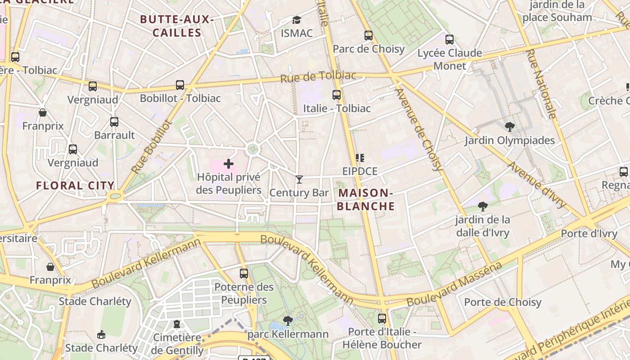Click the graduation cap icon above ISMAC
coord(297,20)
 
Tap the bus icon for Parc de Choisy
coord(369,36)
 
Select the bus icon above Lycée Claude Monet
coord(450,40)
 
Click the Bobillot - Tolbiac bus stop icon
coord(180,85)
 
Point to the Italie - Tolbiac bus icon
coord(337,95)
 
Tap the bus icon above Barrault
coord(114,121)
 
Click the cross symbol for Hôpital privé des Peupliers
coord(229,164)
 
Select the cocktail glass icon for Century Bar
coord(299,180)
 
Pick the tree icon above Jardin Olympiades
coord(509,127)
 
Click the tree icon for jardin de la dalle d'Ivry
coord(483,207)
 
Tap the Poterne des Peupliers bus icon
coord(244,273)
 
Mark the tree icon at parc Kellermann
coord(288,321)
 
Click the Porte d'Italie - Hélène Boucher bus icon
coord(382,318)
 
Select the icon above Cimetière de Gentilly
coord(177,324)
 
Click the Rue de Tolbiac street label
coord(318,76)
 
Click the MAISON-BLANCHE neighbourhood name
coord(366,200)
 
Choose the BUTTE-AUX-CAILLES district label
coord(176,26)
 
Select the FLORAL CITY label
coord(75,185)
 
